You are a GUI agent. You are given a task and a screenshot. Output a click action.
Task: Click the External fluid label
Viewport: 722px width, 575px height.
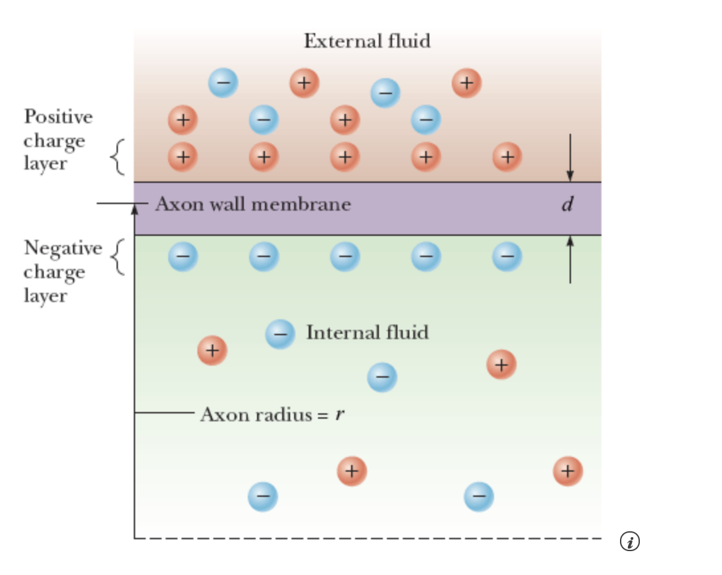tap(367, 41)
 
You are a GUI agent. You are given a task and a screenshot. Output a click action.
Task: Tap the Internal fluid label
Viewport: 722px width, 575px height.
tap(367, 332)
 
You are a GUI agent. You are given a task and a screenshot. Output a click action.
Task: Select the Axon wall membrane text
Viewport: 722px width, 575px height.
tap(253, 203)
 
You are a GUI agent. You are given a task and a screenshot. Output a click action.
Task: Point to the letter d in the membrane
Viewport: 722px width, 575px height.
tap(566, 205)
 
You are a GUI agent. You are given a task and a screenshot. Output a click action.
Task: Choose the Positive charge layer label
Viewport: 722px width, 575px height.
tap(58, 140)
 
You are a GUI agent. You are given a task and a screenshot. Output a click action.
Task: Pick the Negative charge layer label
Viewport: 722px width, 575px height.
tap(63, 272)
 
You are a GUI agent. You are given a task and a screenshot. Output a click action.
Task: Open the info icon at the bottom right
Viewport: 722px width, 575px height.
tap(629, 541)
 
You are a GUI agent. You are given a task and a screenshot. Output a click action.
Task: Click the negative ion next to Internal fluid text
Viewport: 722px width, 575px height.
tap(280, 334)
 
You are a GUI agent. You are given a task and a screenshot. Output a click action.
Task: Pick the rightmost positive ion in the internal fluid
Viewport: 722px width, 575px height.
tap(568, 471)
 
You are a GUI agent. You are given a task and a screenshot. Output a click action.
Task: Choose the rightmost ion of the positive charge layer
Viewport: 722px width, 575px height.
tap(507, 157)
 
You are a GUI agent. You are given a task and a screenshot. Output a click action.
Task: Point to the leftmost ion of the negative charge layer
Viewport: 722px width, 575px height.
tap(183, 256)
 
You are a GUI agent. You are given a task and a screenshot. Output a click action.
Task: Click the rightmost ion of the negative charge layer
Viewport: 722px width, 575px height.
tap(507, 256)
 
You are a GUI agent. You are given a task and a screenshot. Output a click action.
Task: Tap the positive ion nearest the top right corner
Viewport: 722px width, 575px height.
tap(466, 83)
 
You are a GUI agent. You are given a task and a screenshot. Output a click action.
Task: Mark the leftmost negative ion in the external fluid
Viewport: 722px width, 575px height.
tap(223, 83)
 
